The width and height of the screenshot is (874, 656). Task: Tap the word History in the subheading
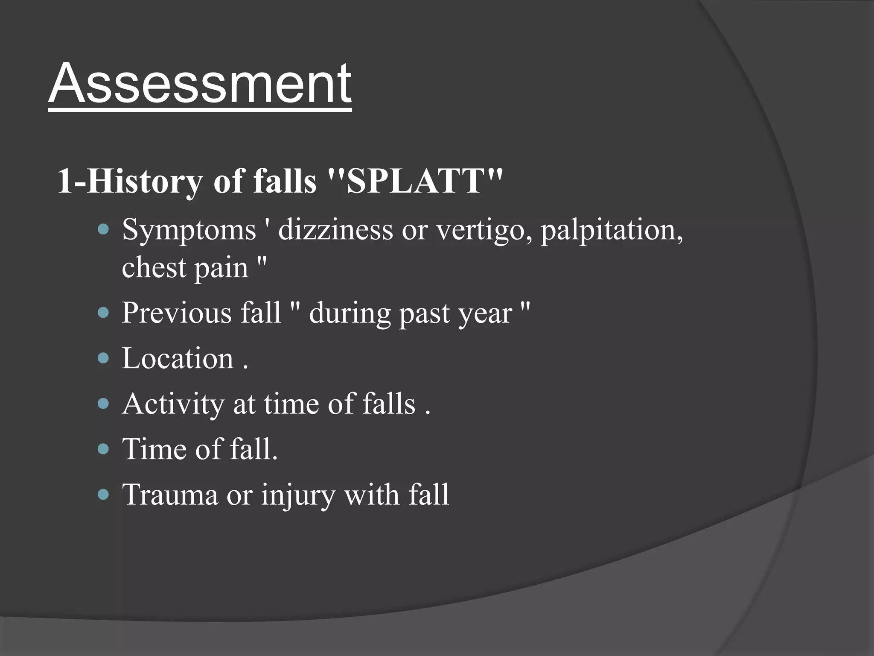pos(145,181)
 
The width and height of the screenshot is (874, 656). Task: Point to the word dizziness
pos(335,230)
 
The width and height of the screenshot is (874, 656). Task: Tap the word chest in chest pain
pos(154,268)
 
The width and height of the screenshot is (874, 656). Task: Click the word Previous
pos(176,313)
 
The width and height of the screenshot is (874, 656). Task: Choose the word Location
pos(178,358)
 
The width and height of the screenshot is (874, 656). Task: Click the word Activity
pos(173,404)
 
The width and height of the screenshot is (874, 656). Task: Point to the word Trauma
pos(170,495)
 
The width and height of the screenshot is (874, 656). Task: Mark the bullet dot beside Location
pos(103,358)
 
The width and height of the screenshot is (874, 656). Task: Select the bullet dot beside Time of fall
pos(103,449)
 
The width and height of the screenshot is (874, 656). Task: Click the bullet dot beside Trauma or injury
pos(103,495)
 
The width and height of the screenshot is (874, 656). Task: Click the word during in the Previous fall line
pos(350,313)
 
